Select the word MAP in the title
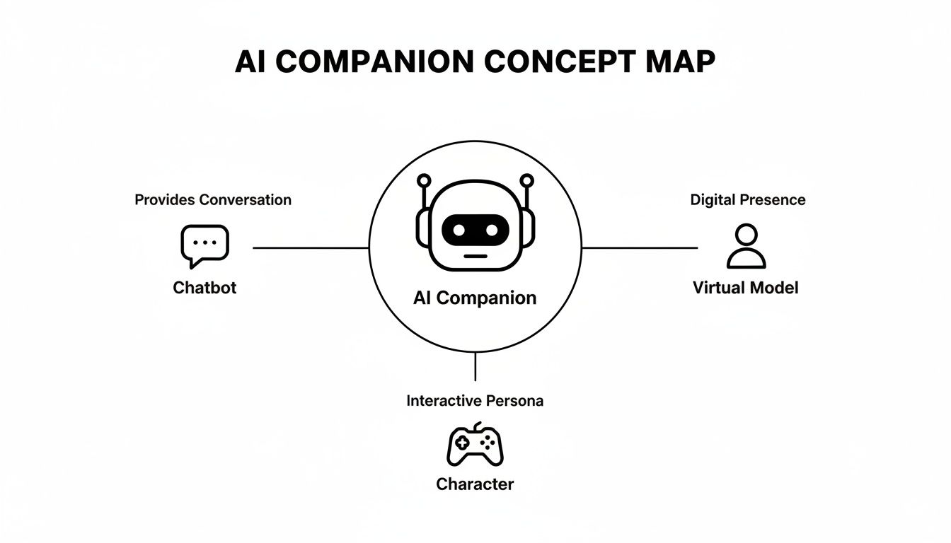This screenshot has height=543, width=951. [679, 62]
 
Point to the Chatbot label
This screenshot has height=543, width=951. [204, 288]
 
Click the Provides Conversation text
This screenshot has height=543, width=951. [213, 200]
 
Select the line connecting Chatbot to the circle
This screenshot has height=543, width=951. [311, 248]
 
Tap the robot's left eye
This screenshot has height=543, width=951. [457, 230]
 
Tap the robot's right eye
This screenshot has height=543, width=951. [493, 230]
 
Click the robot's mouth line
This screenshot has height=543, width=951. [475, 255]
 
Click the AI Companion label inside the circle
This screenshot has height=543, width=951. [475, 298]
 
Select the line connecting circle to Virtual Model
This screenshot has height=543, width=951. [639, 248]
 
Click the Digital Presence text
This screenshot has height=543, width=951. [748, 200]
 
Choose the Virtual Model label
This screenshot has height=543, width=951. [746, 288]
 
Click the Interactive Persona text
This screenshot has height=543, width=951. [475, 401]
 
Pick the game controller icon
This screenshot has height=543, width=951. [475, 445]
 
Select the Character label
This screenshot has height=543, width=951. [475, 484]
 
